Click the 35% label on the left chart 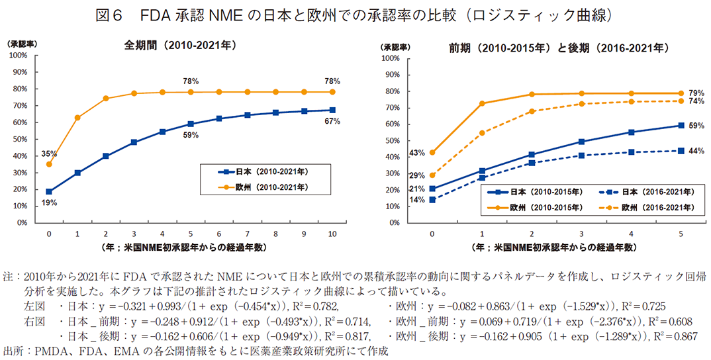click(x=50, y=154)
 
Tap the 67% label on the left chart click(x=332, y=121)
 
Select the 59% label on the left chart click(x=191, y=136)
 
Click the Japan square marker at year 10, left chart click(x=332, y=111)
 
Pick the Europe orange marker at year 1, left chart click(x=77, y=118)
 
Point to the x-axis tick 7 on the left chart click(x=247, y=234)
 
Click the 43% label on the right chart click(x=417, y=153)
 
